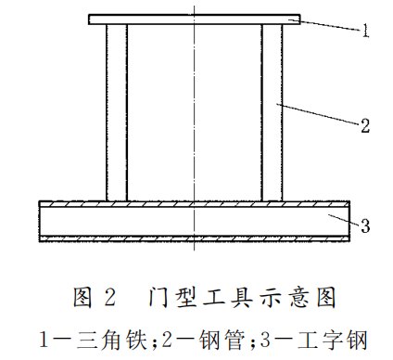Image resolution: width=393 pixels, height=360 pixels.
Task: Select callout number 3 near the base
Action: point(365,225)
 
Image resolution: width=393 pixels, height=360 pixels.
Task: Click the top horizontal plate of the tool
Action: point(194,19)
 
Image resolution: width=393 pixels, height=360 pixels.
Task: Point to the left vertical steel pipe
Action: point(117,111)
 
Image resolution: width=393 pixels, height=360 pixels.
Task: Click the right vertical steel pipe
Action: point(273,111)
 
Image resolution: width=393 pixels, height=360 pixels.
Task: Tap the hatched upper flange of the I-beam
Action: point(194,205)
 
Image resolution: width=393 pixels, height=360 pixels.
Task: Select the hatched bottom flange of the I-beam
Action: point(194,238)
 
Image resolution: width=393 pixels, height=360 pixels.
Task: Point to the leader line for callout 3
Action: point(343,220)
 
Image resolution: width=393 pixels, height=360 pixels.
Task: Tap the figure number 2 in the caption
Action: point(110,299)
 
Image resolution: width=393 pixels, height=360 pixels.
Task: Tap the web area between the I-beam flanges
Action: point(194,222)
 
